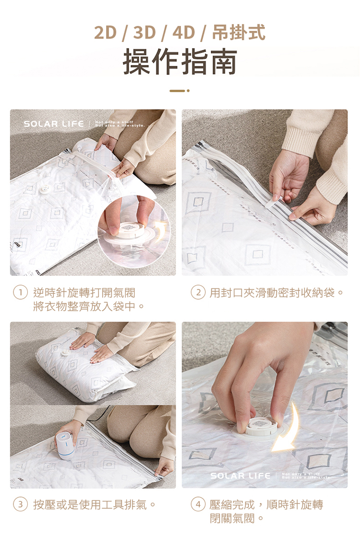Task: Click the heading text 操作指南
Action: [180, 62]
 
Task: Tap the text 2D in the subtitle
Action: [106, 33]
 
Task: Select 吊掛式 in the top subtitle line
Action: [239, 33]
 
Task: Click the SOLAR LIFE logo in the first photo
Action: [54, 124]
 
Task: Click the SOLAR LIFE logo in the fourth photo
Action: [240, 476]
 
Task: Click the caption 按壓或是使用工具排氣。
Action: [95, 505]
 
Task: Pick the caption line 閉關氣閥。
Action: [237, 519]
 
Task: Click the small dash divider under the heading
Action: [180, 90]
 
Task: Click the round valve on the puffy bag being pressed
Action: [64, 353]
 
